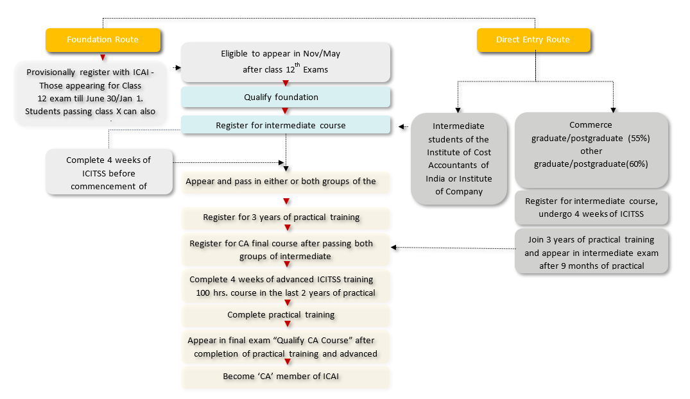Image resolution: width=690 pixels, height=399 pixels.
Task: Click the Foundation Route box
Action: pyautogui.click(x=102, y=40)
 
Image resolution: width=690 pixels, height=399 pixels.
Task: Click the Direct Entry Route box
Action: pyautogui.click(x=533, y=40)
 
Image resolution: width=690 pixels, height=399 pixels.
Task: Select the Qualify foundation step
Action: pyautogui.click(x=286, y=98)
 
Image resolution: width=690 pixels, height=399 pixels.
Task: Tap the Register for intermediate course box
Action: pyautogui.click(x=286, y=125)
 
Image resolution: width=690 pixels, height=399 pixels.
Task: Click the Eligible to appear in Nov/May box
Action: pyautogui.click(x=286, y=62)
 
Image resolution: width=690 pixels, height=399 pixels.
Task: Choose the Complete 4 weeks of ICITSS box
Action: pyautogui.click(x=108, y=173)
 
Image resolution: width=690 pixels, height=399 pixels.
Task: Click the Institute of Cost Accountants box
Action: pyautogui.click(x=458, y=158)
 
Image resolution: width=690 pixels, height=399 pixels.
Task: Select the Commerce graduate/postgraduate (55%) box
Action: pyautogui.click(x=591, y=144)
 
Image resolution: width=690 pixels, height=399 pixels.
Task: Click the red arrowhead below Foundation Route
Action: pyautogui.click(x=103, y=58)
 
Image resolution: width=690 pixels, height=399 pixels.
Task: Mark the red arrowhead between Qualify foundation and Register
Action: pyautogui.click(x=286, y=111)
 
